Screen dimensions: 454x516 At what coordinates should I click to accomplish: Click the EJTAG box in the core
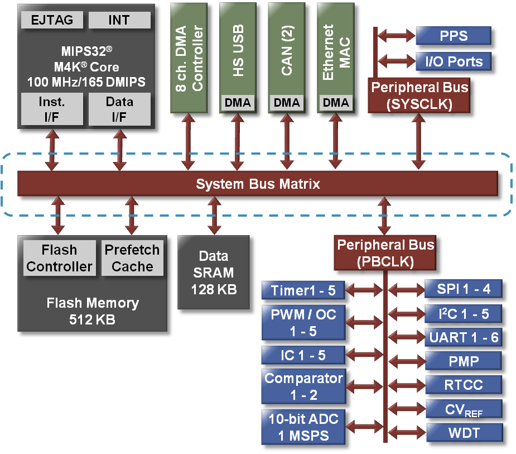pyautogui.click(x=52, y=21)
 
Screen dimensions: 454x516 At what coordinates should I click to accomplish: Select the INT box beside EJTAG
pyautogui.click(x=119, y=21)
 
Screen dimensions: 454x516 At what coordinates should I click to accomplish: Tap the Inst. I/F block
pyautogui.click(x=52, y=109)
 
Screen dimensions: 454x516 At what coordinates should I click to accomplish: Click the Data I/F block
pyautogui.click(x=119, y=109)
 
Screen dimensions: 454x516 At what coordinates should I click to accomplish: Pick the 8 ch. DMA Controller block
pyautogui.click(x=189, y=56)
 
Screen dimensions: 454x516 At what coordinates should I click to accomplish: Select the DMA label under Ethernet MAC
pyautogui.click(x=336, y=103)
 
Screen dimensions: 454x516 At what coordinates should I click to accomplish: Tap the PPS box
pyautogui.click(x=453, y=36)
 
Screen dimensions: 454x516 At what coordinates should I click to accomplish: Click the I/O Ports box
pyautogui.click(x=453, y=61)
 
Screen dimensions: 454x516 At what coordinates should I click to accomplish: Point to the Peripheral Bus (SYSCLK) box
pyautogui.click(x=419, y=95)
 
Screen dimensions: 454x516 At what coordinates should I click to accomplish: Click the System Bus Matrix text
pyautogui.click(x=258, y=184)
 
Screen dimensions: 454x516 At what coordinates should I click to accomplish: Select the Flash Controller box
pyautogui.click(x=59, y=258)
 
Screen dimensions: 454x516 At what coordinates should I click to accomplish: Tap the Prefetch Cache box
pyautogui.click(x=132, y=258)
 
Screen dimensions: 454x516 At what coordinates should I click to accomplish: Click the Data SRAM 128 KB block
pyautogui.click(x=213, y=273)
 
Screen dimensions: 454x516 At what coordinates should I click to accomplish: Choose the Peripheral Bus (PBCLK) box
pyautogui.click(x=385, y=253)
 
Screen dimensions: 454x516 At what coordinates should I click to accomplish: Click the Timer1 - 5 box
pyautogui.click(x=302, y=290)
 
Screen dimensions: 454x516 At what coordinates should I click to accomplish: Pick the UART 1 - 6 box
pyautogui.click(x=464, y=337)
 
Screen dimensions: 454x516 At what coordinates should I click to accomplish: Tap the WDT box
pyautogui.click(x=464, y=432)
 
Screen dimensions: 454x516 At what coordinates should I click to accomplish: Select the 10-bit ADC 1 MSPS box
pyautogui.click(x=303, y=427)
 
